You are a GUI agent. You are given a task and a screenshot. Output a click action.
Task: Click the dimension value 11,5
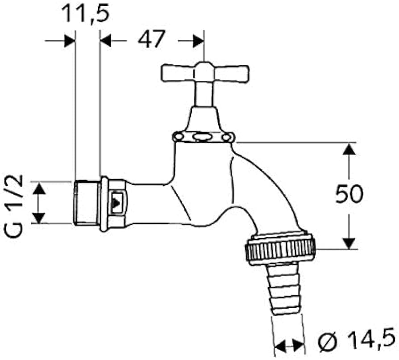pyautogui.click(x=85, y=13)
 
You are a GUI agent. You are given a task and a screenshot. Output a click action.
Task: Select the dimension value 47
pyautogui.click(x=152, y=40)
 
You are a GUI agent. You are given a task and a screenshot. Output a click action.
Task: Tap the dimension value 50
pyautogui.click(x=349, y=195)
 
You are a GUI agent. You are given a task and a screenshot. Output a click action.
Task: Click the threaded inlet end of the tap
pyautogui.click(x=86, y=203)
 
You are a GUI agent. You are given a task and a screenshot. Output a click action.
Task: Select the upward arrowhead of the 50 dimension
pyautogui.click(x=349, y=149)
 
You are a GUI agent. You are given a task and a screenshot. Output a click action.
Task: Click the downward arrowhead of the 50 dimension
pyautogui.click(x=349, y=243)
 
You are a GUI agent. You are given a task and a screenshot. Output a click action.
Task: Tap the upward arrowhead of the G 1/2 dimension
pyautogui.click(x=40, y=188)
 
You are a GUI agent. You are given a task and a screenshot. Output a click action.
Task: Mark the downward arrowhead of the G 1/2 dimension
pyautogui.click(x=40, y=217)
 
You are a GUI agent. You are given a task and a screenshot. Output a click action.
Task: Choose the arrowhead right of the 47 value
pyautogui.click(x=197, y=41)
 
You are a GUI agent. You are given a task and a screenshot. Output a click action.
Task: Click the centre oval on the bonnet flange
pyautogui.click(x=203, y=136)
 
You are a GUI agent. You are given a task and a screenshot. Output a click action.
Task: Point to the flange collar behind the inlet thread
pyautogui.click(x=104, y=204)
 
